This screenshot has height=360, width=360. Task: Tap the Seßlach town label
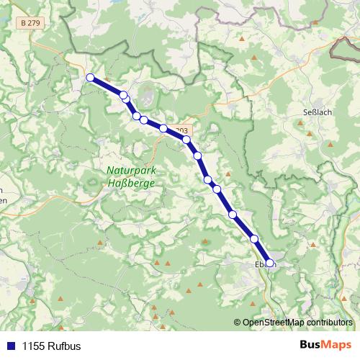[317, 112]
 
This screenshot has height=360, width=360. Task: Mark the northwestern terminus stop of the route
[90, 77]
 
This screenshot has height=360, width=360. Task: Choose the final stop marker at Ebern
[270, 263]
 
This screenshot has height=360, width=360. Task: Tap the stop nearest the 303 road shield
[186, 140]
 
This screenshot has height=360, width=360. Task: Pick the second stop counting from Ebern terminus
[254, 239]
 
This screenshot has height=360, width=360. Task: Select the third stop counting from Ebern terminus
[233, 214]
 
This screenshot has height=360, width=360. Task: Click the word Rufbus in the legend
[66, 346]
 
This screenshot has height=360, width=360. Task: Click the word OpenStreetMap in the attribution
[274, 322]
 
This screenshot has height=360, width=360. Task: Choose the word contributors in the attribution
[328, 322]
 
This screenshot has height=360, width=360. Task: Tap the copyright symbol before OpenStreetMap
[238, 322]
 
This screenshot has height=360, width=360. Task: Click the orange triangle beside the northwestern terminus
[106, 79]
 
